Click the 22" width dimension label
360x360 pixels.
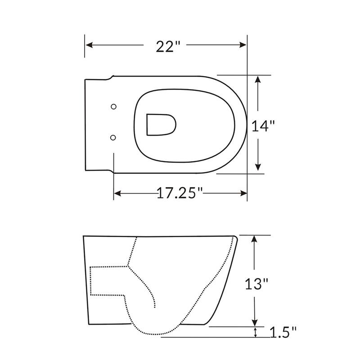(165, 46)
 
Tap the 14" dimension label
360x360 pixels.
(263, 126)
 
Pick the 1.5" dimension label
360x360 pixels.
(284, 333)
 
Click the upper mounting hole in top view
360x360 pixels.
(113, 106)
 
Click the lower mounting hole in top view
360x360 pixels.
(113, 136)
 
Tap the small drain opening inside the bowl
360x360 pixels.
(161, 123)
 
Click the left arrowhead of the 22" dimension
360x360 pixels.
(89, 45)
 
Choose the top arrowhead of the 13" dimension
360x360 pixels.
(255, 239)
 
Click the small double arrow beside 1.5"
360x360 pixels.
(256, 332)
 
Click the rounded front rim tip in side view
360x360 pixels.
(235, 237)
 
